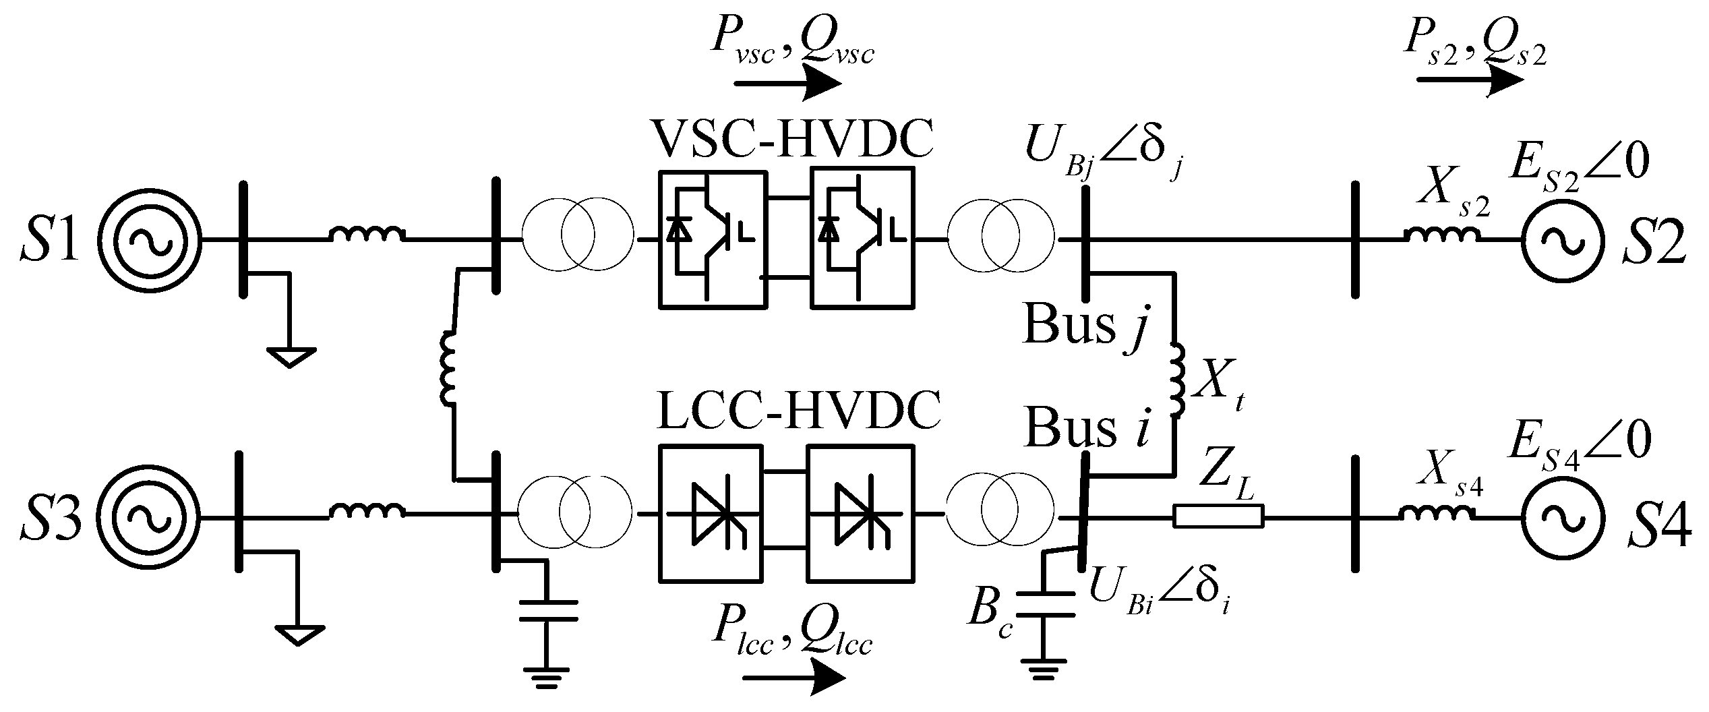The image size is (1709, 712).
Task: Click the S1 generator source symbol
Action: [150, 240]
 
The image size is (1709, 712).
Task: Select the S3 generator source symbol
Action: [150, 517]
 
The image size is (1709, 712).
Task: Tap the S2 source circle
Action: [1561, 240]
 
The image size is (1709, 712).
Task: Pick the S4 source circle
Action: [1561, 517]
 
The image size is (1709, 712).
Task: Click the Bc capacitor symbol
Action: [1044, 604]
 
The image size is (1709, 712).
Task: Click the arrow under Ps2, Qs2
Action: [1470, 80]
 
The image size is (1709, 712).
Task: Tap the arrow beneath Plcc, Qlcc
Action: [793, 678]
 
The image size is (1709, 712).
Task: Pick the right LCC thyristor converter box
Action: [860, 513]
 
